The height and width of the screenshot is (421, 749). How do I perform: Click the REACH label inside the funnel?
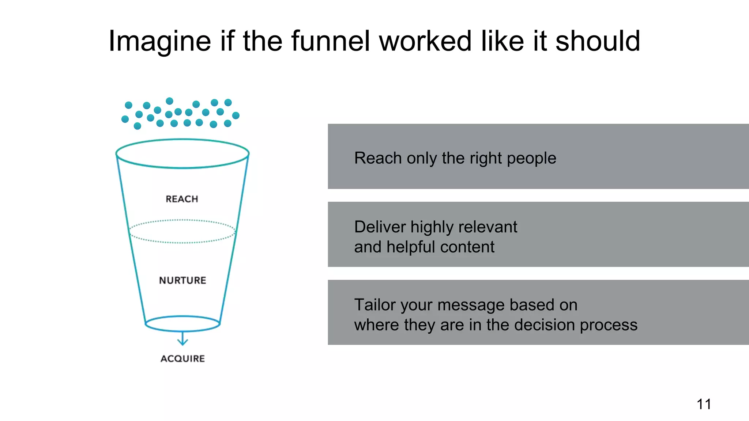pos(182,199)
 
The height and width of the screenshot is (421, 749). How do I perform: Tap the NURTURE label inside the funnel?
pos(182,280)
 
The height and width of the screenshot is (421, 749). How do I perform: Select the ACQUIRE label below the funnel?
pos(182,359)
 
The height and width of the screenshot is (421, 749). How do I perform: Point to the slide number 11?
pos(704,404)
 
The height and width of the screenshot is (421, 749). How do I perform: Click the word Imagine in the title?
pos(160,41)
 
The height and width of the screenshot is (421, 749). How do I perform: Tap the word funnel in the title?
pos(331,41)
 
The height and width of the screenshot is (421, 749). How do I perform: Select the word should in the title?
pos(598,41)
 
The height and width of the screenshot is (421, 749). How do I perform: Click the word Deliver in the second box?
pos(380,227)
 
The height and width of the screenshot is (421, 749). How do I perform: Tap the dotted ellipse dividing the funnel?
pos(182,243)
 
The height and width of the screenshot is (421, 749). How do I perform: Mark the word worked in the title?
pos(425,41)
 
